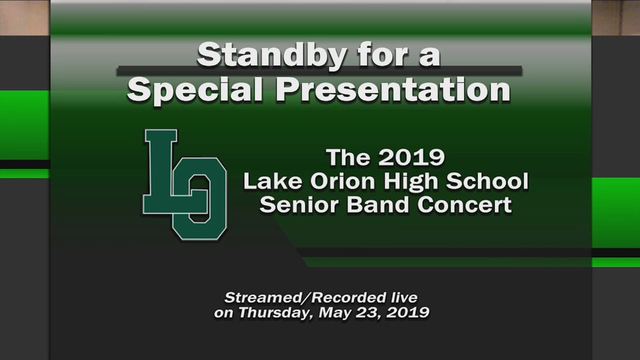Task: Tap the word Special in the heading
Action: pos(195,90)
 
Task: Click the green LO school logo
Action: pos(185,185)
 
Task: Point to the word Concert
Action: pos(465,205)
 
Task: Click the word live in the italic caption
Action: pos(404,298)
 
